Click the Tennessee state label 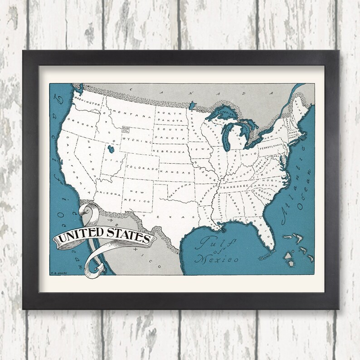click(x=233, y=186)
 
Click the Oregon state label click(x=81, y=127)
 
